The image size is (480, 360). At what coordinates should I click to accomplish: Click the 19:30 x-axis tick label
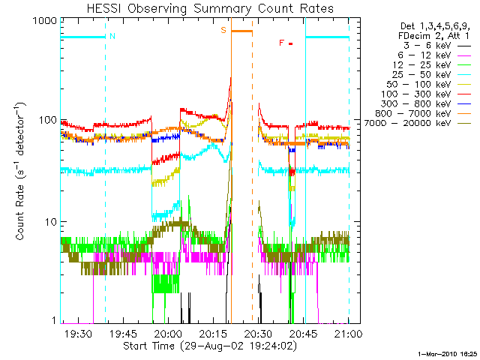coord(78,334)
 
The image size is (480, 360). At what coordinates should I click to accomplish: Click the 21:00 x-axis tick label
coord(348,334)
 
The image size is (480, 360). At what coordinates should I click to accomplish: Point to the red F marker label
coord(281,43)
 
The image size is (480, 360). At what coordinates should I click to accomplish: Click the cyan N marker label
coord(112,35)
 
